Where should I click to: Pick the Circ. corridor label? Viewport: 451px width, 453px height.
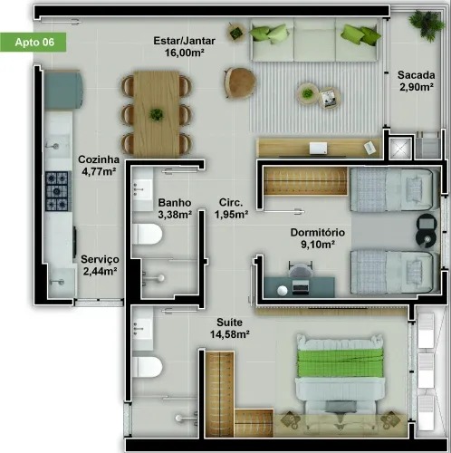(231, 203)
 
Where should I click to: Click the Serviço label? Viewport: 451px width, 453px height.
(97, 258)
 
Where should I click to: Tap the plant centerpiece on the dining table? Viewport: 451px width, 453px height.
(158, 114)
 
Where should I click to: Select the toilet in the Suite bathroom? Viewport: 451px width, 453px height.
(147, 367)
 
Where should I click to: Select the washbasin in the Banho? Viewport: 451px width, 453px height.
(142, 188)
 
